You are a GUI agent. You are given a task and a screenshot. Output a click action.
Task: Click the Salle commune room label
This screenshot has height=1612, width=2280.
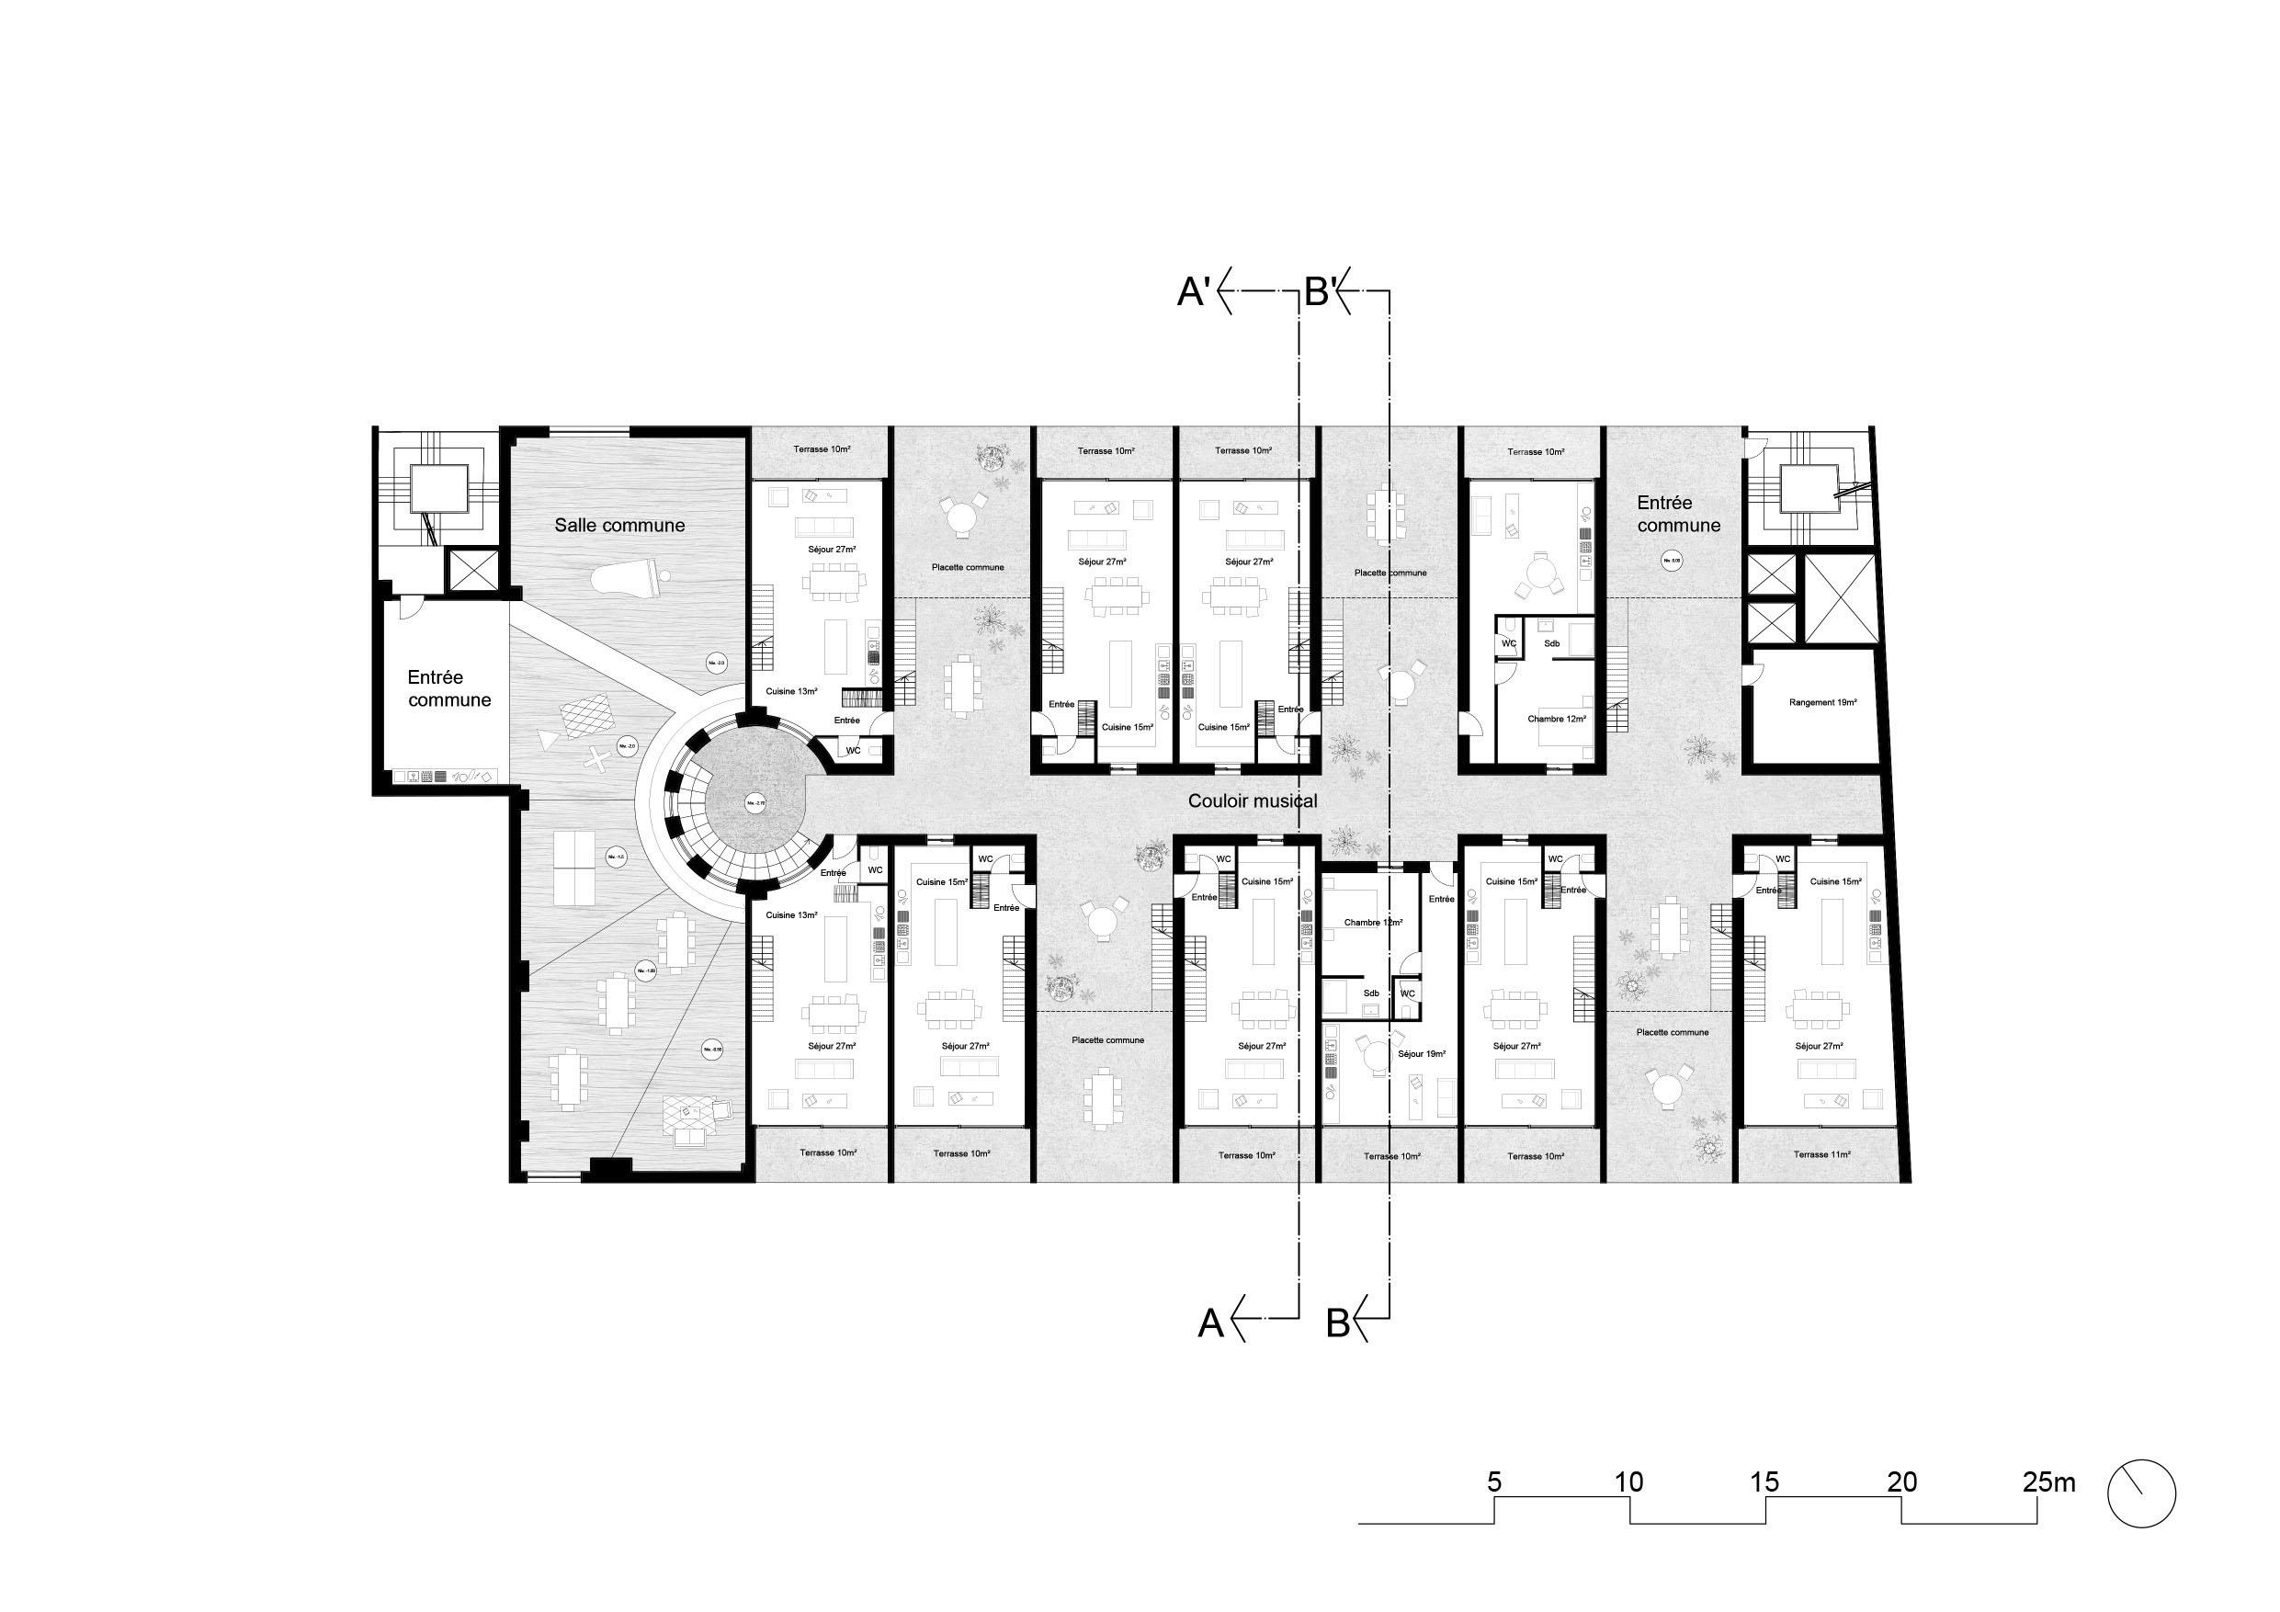619,526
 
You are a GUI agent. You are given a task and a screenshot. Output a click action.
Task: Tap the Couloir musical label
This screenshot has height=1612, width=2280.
1253,800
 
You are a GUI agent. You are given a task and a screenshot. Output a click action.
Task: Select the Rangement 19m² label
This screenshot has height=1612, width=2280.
1823,702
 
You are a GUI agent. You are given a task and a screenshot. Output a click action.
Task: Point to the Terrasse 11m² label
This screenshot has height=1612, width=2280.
1821,1155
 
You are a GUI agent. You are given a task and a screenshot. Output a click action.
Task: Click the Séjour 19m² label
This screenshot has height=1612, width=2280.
1421,1054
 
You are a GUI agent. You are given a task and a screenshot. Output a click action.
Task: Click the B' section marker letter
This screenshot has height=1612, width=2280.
1318,293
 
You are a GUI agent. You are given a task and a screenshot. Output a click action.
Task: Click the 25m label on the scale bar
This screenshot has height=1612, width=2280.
2047,1483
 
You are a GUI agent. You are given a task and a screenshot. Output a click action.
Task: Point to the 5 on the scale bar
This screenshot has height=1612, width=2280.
1493,1483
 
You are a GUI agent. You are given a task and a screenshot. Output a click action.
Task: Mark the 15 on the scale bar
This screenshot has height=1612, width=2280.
1764,1483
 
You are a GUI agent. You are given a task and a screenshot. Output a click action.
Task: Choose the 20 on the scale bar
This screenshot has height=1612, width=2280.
1901,1483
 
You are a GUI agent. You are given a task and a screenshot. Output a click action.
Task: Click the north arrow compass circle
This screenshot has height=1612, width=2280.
2141,1493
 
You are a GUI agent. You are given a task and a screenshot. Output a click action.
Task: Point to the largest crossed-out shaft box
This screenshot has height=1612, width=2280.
1837,599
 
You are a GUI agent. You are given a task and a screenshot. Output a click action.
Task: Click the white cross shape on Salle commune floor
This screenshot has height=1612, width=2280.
596,759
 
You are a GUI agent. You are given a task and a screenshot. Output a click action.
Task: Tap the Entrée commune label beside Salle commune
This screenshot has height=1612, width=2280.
448,688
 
